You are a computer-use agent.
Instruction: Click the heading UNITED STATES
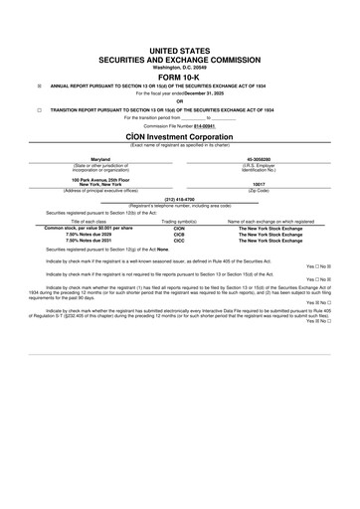tap(180, 48)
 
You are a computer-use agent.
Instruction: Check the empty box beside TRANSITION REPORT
tap(39, 109)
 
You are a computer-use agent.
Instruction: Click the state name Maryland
tap(100, 158)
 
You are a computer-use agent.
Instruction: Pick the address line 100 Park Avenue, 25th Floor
tap(100, 179)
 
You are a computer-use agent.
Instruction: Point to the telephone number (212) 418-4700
tap(180, 199)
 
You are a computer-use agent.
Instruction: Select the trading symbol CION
tap(180, 228)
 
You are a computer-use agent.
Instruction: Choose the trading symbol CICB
tap(180, 234)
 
